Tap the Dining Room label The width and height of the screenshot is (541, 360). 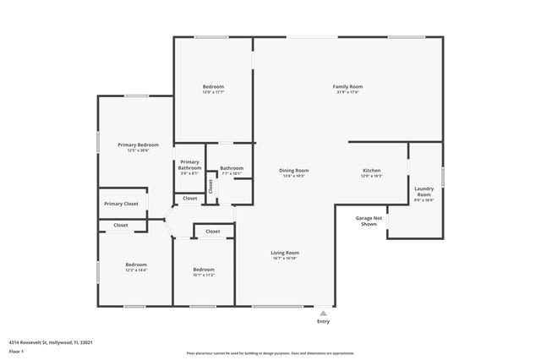[294, 171]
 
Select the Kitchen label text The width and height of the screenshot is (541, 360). [372, 171]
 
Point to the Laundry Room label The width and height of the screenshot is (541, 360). [424, 191]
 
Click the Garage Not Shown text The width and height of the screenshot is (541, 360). [369, 221]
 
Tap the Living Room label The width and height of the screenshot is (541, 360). [285, 253]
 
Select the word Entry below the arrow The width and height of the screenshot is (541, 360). [323, 321]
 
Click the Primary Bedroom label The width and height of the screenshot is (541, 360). [138, 145]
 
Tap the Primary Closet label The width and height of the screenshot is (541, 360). [121, 204]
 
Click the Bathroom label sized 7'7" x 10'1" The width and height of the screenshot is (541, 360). [232, 168]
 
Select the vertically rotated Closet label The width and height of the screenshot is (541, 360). [210, 186]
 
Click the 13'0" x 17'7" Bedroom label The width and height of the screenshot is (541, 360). [213, 86]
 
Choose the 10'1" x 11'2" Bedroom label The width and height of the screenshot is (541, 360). [203, 270]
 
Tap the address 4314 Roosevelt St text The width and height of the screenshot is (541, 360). [50, 342]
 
